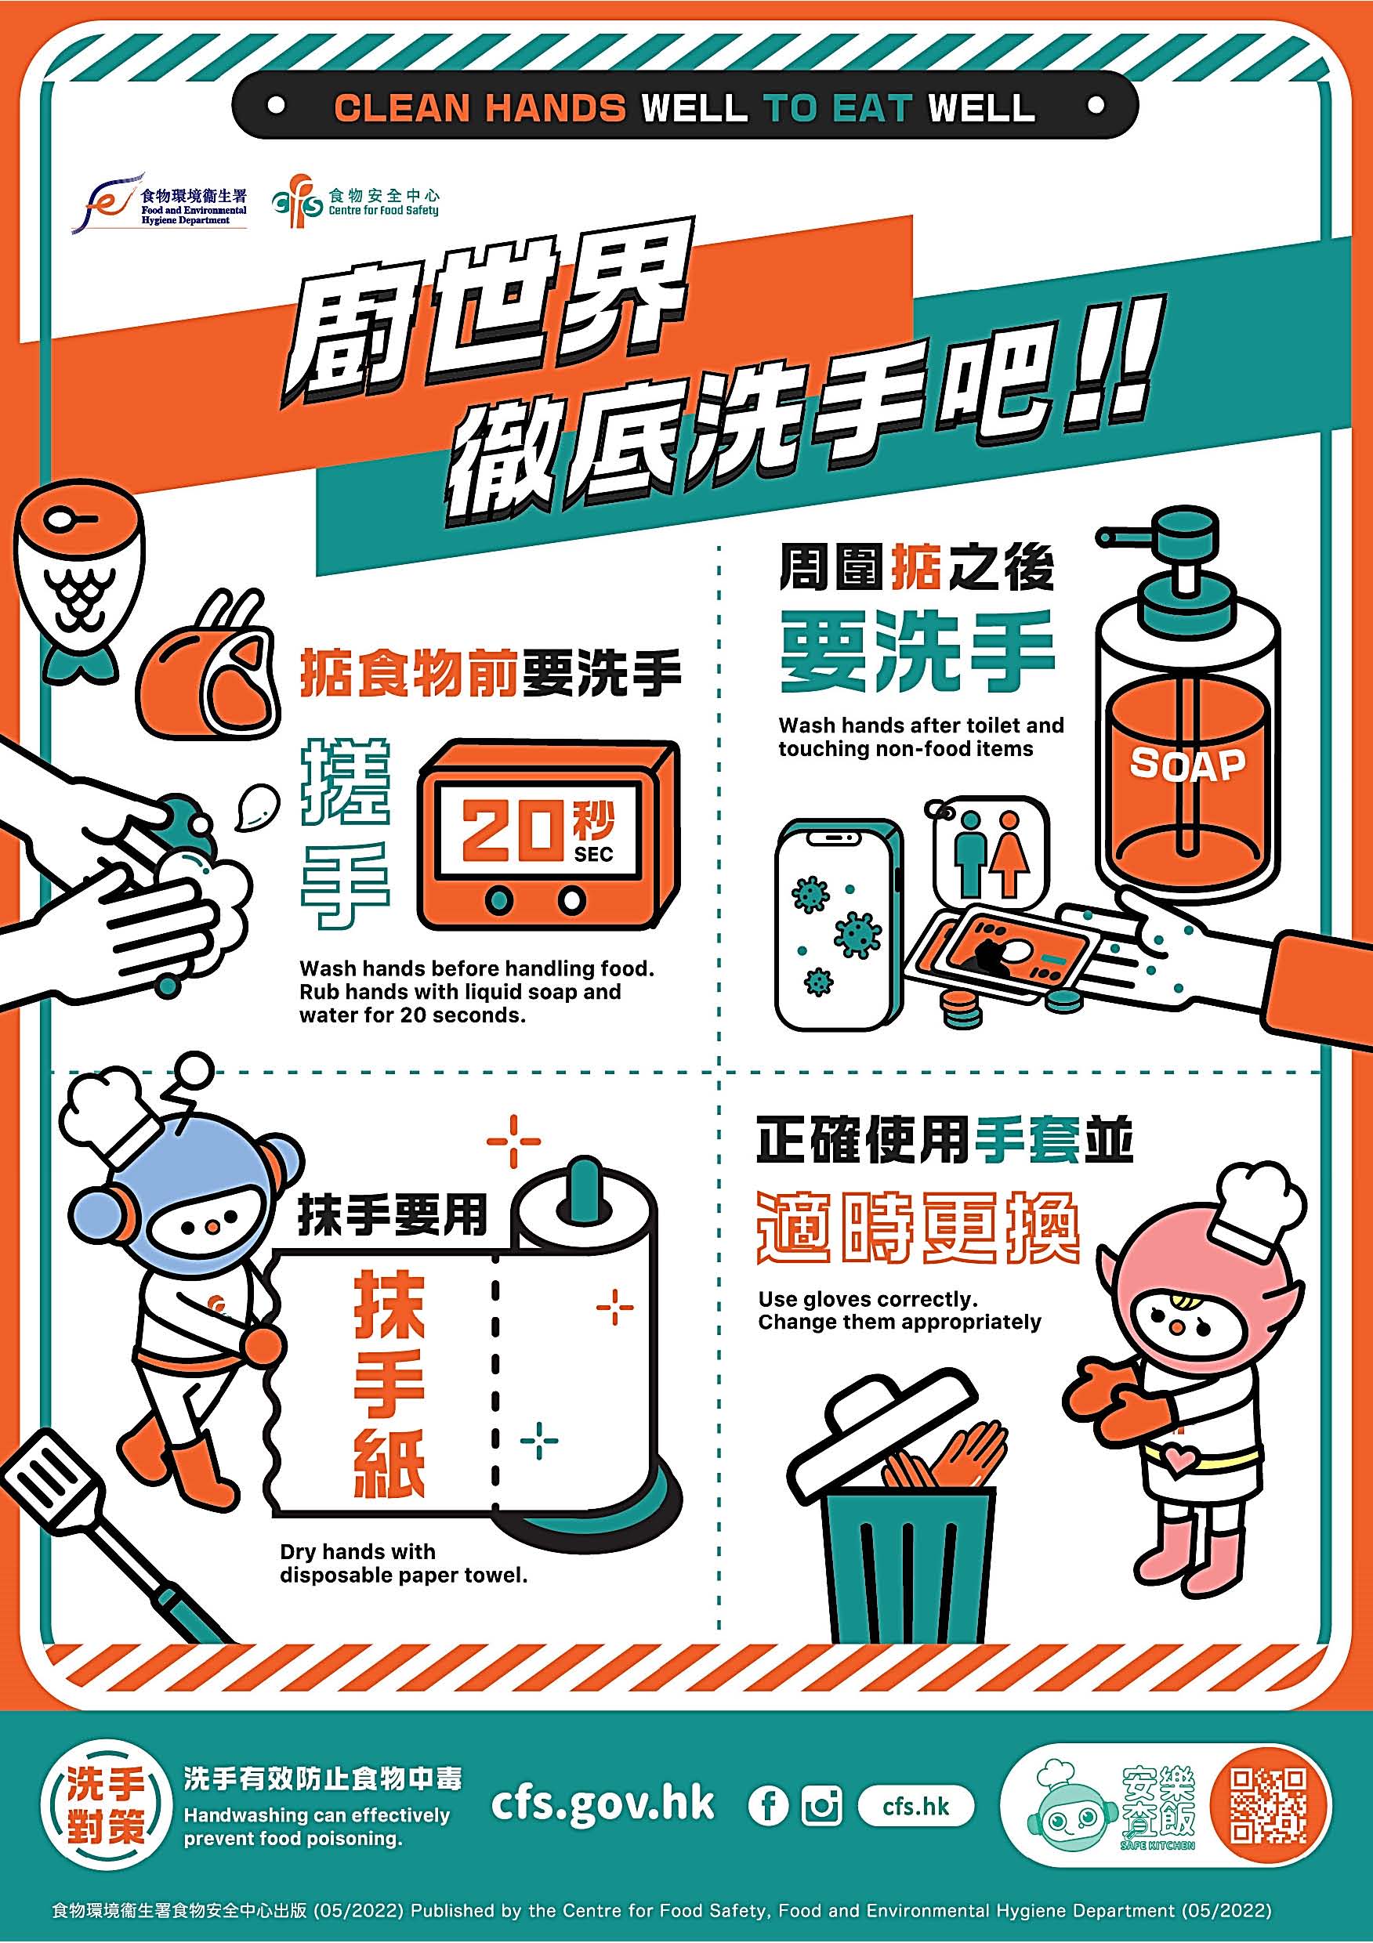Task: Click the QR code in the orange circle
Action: pos(1268,1806)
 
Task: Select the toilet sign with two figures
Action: pos(991,854)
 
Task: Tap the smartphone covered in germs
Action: pos(839,924)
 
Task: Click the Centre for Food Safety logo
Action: pos(356,201)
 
